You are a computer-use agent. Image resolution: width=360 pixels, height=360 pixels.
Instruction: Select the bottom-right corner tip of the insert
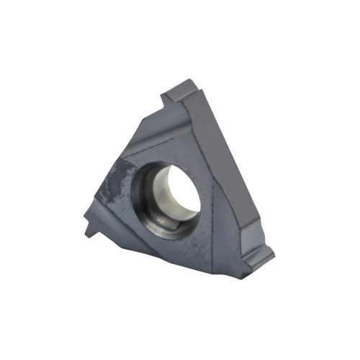270,253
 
